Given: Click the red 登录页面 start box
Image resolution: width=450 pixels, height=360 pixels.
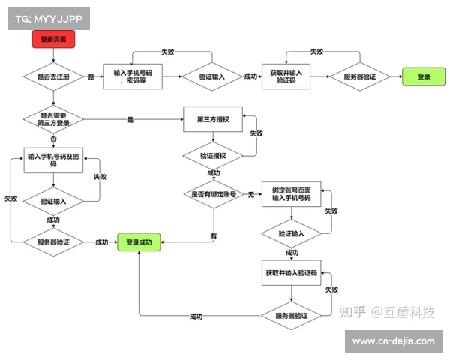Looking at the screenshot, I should click(52, 39).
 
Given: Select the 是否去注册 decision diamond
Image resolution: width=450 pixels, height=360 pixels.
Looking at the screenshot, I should click(52, 76).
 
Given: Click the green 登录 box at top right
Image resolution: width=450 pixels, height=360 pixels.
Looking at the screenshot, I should click(424, 76).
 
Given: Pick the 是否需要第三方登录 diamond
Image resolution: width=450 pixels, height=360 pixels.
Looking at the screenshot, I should click(52, 119).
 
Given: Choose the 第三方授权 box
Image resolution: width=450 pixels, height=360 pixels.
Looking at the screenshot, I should click(214, 119).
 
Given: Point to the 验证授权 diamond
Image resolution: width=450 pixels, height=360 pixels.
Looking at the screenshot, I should click(214, 155).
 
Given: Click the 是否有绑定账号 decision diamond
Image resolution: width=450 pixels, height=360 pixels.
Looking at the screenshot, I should click(214, 194).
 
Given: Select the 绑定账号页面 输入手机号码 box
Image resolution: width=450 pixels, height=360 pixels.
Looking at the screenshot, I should click(291, 194).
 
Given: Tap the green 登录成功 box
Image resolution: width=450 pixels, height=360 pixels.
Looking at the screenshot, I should click(139, 242).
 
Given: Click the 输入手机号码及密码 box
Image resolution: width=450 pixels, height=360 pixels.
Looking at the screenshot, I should click(52, 160).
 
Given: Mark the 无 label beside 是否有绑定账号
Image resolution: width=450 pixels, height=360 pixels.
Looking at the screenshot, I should click(251, 194).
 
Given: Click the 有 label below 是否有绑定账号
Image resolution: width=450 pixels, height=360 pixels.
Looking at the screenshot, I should click(214, 235).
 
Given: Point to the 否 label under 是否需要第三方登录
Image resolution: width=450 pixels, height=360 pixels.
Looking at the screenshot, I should click(52, 139).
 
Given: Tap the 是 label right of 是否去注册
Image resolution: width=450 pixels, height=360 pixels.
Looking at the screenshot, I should click(91, 76).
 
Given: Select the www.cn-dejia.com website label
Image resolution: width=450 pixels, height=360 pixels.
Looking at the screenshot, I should click(393, 341).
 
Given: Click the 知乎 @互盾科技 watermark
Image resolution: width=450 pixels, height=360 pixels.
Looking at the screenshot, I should click(387, 312).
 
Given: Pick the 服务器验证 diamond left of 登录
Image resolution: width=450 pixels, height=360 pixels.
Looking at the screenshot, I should click(360, 76).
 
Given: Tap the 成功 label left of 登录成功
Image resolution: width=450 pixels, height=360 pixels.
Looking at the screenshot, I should click(102, 242).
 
